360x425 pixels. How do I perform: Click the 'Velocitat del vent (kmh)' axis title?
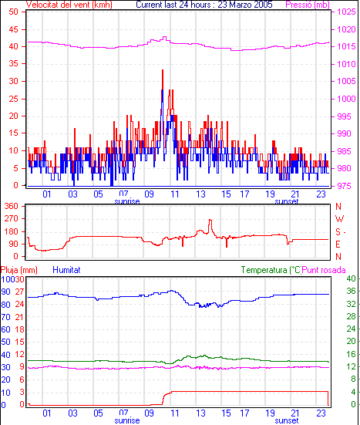[69, 5]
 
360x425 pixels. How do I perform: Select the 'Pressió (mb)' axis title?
[308, 5]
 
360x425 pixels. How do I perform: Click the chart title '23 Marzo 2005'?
[245, 5]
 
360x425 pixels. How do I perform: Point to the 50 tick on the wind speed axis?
[14, 12]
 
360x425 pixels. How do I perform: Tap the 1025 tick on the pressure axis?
[346, 12]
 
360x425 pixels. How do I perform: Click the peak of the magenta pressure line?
[164, 37]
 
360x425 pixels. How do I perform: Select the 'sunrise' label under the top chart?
[127, 201]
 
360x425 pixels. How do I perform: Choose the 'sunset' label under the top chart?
[287, 201]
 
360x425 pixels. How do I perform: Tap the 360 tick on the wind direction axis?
[12, 206]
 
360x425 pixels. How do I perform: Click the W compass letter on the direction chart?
[339, 219]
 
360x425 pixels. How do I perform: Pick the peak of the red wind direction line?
[210, 220]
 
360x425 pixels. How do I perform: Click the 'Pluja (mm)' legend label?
[19, 270]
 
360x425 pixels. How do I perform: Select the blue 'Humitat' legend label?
[66, 270]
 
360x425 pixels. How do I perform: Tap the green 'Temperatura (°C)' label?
[271, 270]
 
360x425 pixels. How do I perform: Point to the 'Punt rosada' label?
[324, 270]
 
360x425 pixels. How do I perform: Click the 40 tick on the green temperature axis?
[351, 278]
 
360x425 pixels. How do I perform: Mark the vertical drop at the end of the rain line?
[328, 398]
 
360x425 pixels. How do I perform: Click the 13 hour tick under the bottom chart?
[200, 413]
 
